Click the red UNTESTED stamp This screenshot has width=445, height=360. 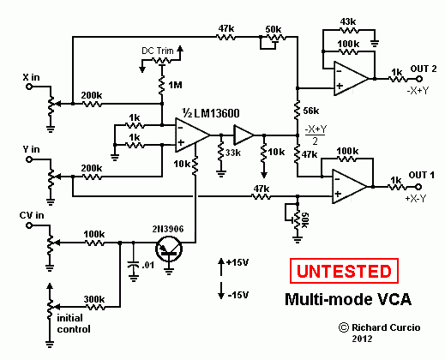[344, 271]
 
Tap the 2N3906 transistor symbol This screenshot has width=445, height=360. [169, 249]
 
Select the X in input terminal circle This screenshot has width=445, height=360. [29, 87]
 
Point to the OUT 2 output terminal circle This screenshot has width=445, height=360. [419, 79]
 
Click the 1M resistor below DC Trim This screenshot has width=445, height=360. [162, 85]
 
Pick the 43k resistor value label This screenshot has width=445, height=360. [348, 21]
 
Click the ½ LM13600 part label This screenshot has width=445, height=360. [211, 113]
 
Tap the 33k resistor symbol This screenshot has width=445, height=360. [220, 152]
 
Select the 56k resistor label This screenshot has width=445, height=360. [311, 111]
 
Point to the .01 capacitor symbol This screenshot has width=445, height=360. [134, 265]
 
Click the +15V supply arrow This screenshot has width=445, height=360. [221, 267]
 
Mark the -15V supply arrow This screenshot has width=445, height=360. [221, 291]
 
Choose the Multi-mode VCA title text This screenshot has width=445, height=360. [348, 299]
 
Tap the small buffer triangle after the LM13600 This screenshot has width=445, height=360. [244, 135]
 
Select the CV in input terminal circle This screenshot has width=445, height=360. [29, 225]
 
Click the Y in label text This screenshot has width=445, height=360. [31, 149]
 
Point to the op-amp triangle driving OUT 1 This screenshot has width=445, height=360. [349, 187]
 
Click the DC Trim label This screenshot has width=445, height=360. [158, 51]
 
